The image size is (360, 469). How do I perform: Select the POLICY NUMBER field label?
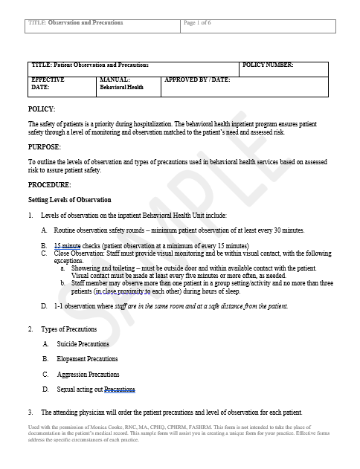tap(268, 65)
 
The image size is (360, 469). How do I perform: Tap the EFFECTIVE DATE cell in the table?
tap(48, 83)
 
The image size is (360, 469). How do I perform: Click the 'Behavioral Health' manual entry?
tap(122, 87)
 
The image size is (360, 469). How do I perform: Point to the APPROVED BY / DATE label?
tap(197, 79)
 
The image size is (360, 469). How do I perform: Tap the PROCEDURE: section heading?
tap(49, 184)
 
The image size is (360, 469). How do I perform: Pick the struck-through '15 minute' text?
tap(67, 245)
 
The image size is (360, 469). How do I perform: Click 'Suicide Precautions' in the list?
tap(83, 344)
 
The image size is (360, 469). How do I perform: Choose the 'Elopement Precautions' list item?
tap(86, 359)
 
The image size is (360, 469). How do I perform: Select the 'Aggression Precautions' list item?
tap(88, 374)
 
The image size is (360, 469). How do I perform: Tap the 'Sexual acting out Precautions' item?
tap(96, 389)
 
